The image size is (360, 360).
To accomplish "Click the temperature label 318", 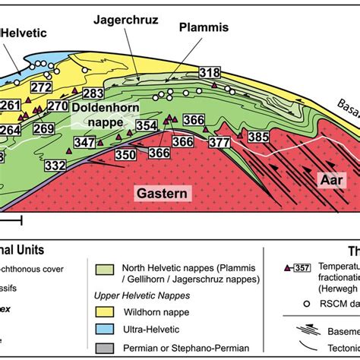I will pyautogui.click(x=209, y=73).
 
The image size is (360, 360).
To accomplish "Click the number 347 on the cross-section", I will pyautogui.click(x=85, y=142).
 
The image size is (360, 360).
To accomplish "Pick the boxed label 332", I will pyautogui.click(x=55, y=165).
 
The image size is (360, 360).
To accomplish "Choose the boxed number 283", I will pyautogui.click(x=93, y=93).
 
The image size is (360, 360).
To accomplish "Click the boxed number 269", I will pyautogui.click(x=43, y=129).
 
